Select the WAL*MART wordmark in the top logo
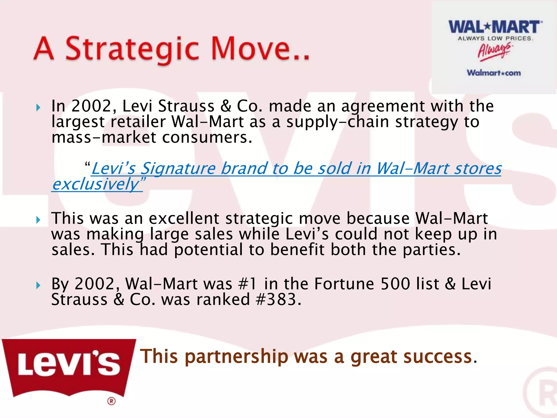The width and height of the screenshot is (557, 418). (x=495, y=27)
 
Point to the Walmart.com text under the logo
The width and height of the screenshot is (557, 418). (x=494, y=73)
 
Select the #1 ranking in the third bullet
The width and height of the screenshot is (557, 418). (x=247, y=284)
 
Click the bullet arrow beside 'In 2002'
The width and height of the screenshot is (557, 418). (x=38, y=107)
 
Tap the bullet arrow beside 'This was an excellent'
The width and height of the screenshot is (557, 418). (x=38, y=220)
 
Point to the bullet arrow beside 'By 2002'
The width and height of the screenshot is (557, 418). (x=38, y=285)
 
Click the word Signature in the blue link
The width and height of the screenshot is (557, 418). (x=178, y=169)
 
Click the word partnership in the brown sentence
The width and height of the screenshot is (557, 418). (x=236, y=356)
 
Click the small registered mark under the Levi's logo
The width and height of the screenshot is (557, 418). (x=111, y=401)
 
